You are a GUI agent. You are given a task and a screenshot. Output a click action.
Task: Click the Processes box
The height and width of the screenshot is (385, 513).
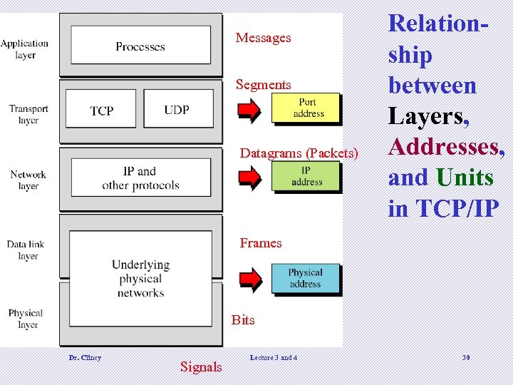140,46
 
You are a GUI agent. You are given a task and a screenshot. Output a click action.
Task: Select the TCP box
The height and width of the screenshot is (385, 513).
102,109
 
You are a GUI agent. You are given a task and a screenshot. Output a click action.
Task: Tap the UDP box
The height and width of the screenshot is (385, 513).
177,108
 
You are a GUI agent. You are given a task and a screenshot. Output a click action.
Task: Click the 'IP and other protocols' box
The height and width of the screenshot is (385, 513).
140,178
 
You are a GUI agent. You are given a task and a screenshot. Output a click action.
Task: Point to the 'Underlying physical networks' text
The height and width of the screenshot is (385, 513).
140,279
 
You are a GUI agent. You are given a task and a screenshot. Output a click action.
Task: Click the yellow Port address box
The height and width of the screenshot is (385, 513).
307,108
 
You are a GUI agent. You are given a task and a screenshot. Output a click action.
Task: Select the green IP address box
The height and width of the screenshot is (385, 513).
306,176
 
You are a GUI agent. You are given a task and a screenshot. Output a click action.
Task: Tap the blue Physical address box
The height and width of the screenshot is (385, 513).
305,278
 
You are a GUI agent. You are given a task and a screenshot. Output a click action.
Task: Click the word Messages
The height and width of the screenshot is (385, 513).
263,38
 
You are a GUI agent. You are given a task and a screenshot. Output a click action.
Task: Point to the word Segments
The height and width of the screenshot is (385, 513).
263,85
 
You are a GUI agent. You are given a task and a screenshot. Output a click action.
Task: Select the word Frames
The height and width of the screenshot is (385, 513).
261,243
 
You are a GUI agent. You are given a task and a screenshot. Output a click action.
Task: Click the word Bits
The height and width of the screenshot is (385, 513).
243,320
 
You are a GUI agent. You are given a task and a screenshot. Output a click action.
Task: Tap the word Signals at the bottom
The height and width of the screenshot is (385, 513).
201,367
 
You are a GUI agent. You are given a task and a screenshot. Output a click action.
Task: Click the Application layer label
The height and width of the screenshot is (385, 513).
25,49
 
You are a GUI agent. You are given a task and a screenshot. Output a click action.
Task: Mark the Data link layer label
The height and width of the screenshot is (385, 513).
26,250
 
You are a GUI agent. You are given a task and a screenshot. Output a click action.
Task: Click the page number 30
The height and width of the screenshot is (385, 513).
466,357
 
